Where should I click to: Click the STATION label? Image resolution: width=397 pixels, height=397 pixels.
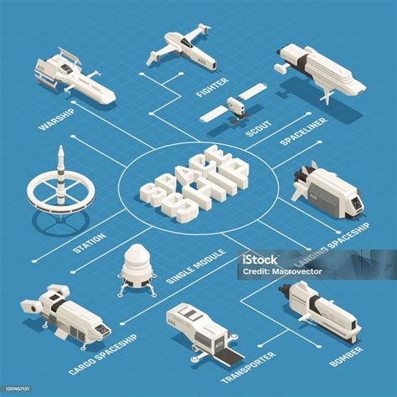(89, 238)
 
